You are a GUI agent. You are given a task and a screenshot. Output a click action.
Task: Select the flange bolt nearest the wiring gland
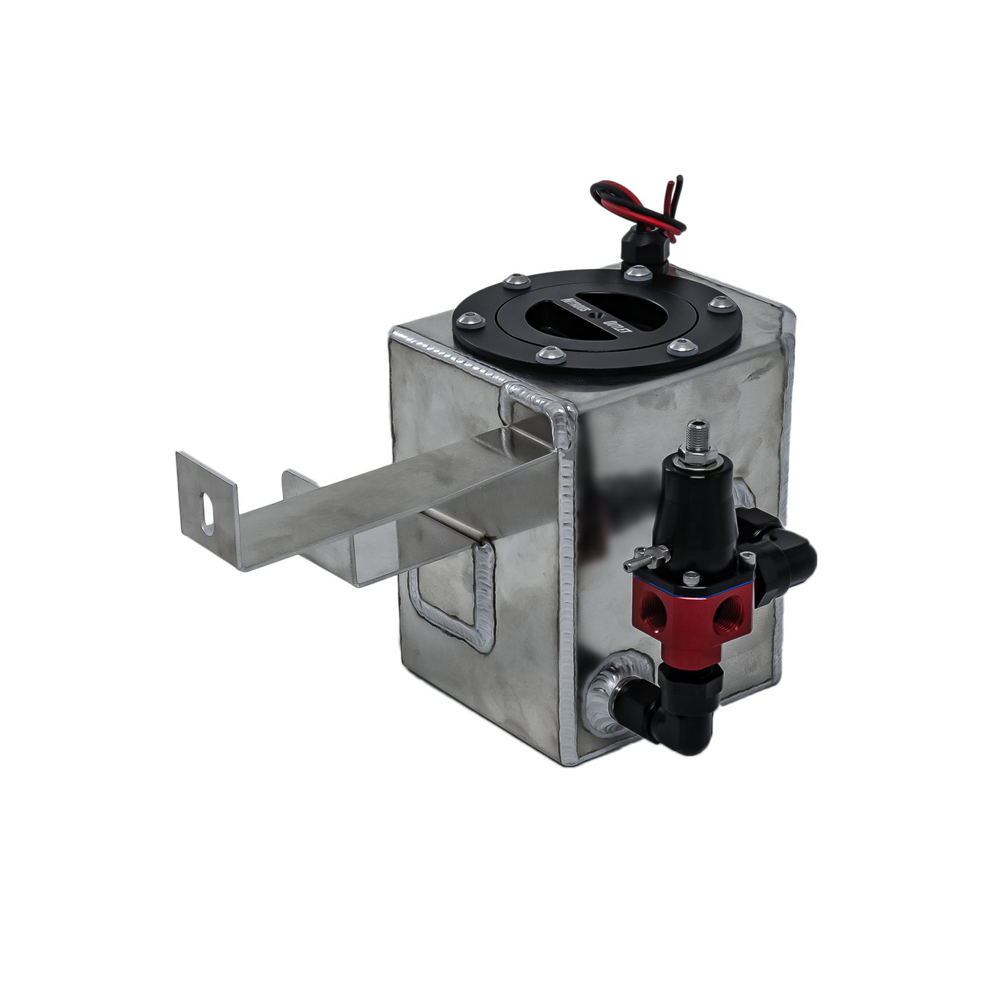637,273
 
